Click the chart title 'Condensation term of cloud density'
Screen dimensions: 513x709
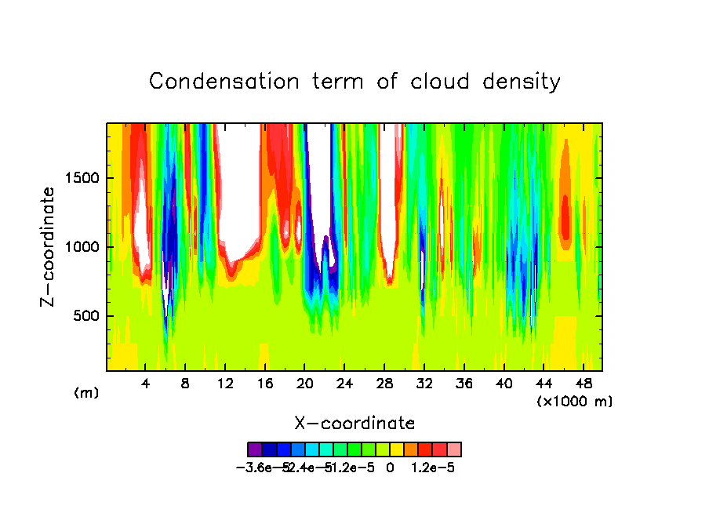[x=354, y=82]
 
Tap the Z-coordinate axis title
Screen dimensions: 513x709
[x=49, y=246]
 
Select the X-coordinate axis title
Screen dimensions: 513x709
[x=354, y=424]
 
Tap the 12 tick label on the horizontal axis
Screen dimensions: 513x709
[x=225, y=384]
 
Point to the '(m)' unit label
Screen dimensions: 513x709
[x=86, y=393]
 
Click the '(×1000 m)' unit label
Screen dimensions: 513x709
[x=575, y=401]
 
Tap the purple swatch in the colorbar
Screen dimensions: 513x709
[x=255, y=449]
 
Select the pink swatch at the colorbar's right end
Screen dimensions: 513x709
[x=454, y=449]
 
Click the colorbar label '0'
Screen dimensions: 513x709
[x=390, y=468]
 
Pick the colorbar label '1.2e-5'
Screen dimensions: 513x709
[x=433, y=468]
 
